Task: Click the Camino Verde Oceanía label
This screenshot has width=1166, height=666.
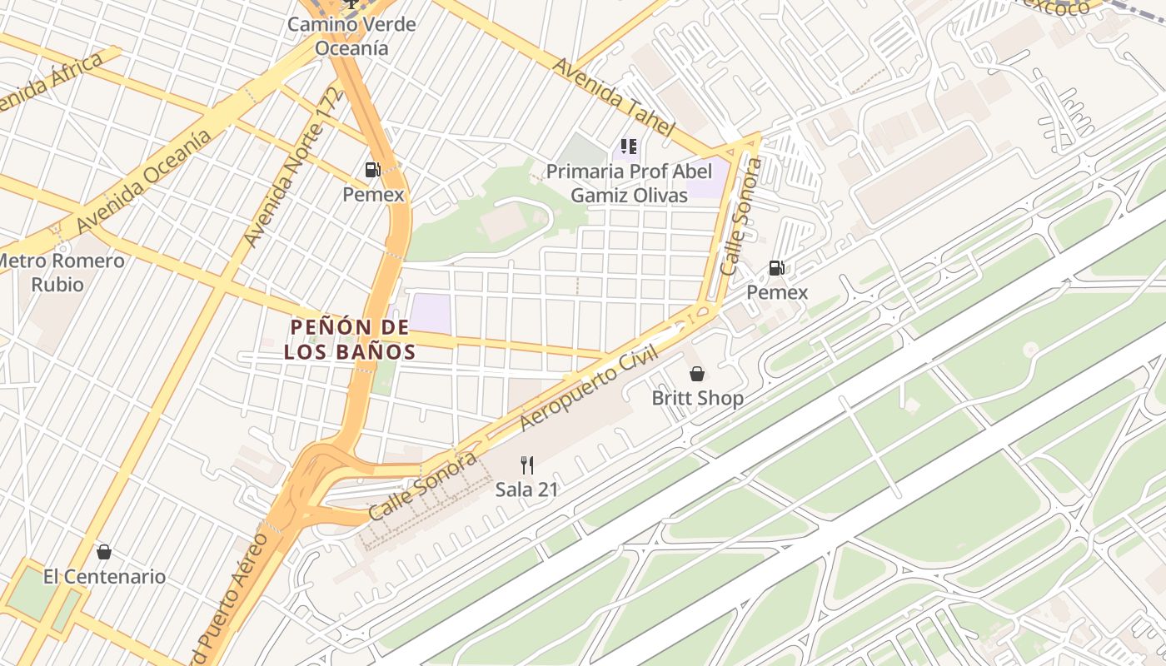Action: pyautogui.click(x=351, y=36)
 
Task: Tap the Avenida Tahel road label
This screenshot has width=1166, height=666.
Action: pyautogui.click(x=611, y=97)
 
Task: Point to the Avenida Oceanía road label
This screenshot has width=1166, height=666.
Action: pyautogui.click(x=143, y=181)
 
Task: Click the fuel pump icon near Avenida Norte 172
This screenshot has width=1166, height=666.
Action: pyautogui.click(x=373, y=170)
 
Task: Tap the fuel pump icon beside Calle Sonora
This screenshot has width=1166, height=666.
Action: pyautogui.click(x=776, y=268)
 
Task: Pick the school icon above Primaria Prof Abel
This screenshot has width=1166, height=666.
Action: pyautogui.click(x=629, y=147)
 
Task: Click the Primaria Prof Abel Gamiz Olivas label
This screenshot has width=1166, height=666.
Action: pyautogui.click(x=629, y=183)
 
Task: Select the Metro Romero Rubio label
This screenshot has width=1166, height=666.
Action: pyautogui.click(x=60, y=272)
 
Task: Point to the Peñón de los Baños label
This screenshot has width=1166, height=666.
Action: pyautogui.click(x=349, y=339)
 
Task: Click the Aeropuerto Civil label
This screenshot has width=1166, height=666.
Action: pyautogui.click(x=589, y=388)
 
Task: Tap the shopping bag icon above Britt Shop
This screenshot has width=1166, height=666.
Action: pyautogui.click(x=697, y=375)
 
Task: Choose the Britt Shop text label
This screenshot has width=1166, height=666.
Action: pyautogui.click(x=697, y=398)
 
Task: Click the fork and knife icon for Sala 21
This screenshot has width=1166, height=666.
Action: pyautogui.click(x=526, y=465)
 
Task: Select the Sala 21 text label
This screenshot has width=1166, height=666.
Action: pyautogui.click(x=526, y=489)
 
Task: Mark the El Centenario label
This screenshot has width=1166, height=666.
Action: pyautogui.click(x=104, y=576)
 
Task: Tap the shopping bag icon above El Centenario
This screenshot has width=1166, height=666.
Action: pyautogui.click(x=104, y=552)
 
